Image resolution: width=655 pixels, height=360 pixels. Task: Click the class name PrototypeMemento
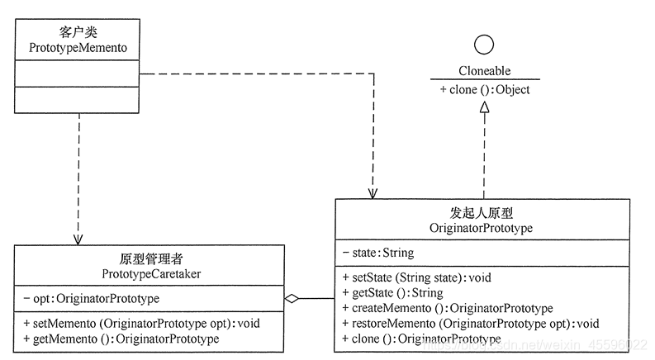click(x=78, y=50)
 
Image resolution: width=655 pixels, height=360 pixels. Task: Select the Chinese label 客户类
click(x=78, y=34)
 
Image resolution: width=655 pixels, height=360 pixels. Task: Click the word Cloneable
click(x=484, y=72)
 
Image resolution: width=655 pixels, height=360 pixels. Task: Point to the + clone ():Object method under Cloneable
click(x=484, y=89)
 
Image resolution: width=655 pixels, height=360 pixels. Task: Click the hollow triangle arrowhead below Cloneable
click(x=484, y=118)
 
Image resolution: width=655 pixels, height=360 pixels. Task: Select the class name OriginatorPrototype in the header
click(x=482, y=227)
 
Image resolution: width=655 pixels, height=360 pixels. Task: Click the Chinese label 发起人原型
click(x=482, y=212)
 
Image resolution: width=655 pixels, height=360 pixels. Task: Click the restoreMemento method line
click(x=470, y=324)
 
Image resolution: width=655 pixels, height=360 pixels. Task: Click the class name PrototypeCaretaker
click(x=150, y=273)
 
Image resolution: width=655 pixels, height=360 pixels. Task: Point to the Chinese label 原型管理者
click(x=150, y=258)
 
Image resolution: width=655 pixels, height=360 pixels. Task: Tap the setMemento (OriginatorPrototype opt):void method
click(x=141, y=324)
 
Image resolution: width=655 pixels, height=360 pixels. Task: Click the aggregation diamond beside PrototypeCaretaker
click(x=292, y=298)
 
